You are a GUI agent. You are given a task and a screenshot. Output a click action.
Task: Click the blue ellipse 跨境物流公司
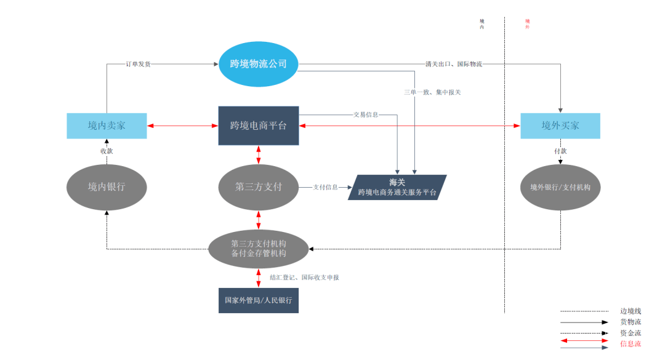click(259, 63)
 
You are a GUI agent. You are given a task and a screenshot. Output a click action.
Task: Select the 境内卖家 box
click(107, 126)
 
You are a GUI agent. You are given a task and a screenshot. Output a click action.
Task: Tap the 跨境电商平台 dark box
click(259, 126)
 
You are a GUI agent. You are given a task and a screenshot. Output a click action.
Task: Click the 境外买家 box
click(560, 126)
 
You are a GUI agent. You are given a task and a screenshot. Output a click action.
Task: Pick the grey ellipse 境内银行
click(107, 186)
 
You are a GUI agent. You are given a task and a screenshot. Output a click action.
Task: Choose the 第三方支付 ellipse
click(259, 186)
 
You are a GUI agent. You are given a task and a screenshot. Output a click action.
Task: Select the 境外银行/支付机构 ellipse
click(560, 187)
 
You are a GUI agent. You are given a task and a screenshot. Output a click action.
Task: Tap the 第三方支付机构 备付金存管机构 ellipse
click(259, 248)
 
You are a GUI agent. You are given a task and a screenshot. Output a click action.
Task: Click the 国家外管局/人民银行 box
click(259, 301)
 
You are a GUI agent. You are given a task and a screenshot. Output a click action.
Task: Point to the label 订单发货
click(138, 63)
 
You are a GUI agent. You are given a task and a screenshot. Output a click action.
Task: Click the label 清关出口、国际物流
click(453, 63)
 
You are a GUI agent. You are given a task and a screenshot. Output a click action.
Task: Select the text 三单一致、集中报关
click(432, 92)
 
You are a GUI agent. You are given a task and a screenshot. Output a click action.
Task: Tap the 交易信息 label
click(366, 114)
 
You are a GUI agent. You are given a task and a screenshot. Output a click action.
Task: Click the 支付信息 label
click(325, 187)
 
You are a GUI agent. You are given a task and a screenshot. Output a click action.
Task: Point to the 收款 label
click(107, 151)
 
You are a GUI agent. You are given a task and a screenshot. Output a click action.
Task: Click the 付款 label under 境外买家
click(560, 151)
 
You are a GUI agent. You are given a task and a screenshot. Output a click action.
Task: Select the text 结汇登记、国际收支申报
click(304, 278)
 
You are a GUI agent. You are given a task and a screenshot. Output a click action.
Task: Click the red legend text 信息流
click(631, 343)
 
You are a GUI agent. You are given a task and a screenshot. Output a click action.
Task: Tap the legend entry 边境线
click(631, 311)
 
